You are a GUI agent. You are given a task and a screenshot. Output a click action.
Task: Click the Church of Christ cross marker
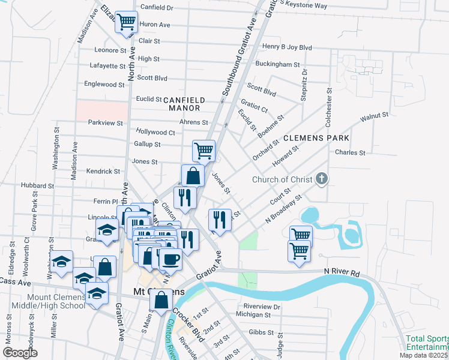[322, 179]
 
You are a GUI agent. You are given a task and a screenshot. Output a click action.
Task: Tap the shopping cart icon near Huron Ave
[127, 22]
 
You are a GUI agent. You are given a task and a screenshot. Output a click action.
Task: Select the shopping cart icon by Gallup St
[203, 150]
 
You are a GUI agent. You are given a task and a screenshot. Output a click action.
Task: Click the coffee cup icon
[170, 259]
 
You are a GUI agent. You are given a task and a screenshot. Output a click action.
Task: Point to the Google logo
[20, 353]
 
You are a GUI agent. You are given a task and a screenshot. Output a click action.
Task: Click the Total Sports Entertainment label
[427, 343]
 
